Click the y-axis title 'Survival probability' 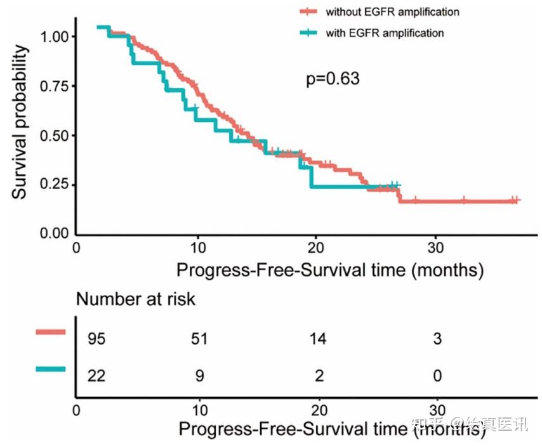(20, 121)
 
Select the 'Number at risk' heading (136, 299)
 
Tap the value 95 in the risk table (96, 339)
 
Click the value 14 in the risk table (318, 339)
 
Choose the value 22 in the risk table (96, 376)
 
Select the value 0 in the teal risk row (437, 376)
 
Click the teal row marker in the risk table (51, 369)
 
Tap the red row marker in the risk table (51, 331)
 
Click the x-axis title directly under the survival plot (330, 270)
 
